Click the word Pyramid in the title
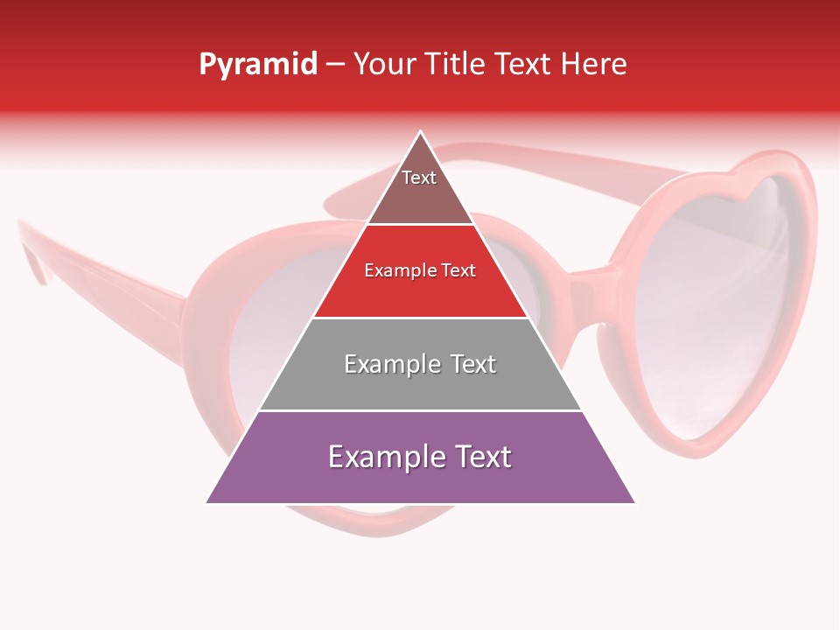(257, 64)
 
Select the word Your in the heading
(382, 64)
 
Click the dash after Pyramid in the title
(334, 65)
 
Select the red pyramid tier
(420, 284)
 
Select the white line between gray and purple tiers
(420, 410)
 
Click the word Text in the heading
(523, 64)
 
